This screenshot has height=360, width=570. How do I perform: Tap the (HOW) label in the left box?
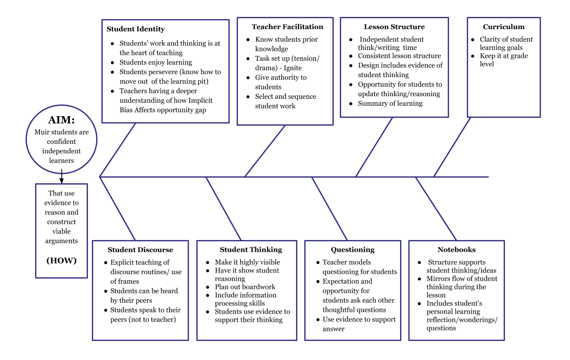tap(61, 260)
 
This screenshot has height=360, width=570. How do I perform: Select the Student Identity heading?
tap(136, 29)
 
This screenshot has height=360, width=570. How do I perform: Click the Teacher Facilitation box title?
tap(287, 27)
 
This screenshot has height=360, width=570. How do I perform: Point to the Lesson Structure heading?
tap(394, 27)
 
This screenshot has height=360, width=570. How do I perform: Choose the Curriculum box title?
tap(504, 27)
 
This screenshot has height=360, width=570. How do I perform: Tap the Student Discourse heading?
tap(140, 250)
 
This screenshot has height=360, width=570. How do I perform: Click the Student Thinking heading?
tap(251, 250)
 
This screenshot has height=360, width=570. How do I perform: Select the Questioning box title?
tap(352, 250)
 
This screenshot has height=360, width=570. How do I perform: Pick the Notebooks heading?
tap(456, 250)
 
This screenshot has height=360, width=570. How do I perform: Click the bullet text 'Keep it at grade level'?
tap(503, 60)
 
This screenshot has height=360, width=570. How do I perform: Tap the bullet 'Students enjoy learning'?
tap(156, 62)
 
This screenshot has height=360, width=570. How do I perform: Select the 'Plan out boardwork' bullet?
tap(245, 287)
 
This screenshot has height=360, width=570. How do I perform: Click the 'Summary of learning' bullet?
tap(390, 104)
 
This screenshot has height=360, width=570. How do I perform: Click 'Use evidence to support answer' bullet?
tap(359, 324)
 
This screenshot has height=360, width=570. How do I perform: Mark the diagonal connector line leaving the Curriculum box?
tap(452, 147)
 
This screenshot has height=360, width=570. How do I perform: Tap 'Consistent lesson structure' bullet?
tap(399, 56)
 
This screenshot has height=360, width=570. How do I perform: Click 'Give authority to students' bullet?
tap(280, 82)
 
